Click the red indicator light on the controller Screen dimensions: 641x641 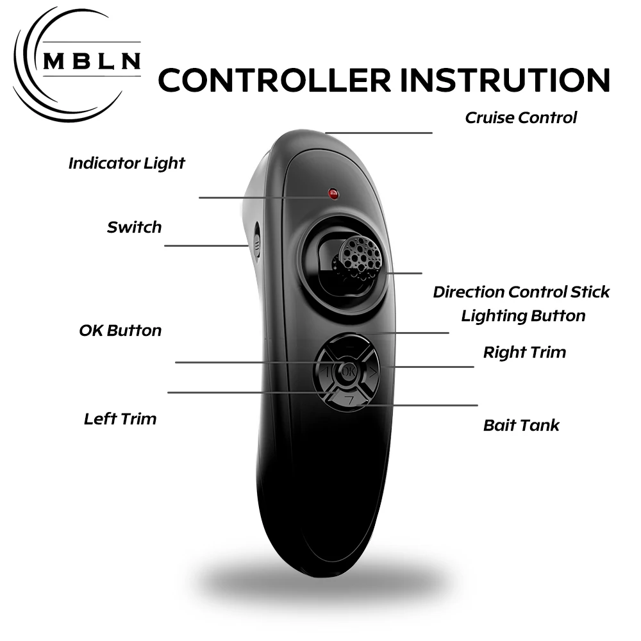pyautogui.click(x=333, y=193)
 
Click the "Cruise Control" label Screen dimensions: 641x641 pyautogui.click(x=520, y=117)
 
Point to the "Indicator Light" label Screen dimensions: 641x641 pyautogui.click(x=126, y=163)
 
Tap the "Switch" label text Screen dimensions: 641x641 pyautogui.click(x=134, y=227)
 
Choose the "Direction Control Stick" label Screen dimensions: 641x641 pyautogui.click(x=521, y=292)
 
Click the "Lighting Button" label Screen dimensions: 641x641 pyautogui.click(x=523, y=315)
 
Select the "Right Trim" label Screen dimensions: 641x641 pyautogui.click(x=524, y=352)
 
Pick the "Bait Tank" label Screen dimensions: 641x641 pyautogui.click(x=521, y=425)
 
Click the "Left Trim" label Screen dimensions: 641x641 pyautogui.click(x=120, y=419)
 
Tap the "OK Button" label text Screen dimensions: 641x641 pyautogui.click(x=120, y=330)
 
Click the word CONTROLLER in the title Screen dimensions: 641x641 pyautogui.click(x=274, y=80)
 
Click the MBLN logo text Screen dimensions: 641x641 pyautogui.click(x=92, y=60)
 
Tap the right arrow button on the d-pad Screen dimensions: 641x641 pyautogui.click(x=372, y=370)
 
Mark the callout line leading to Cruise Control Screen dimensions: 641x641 pyautogui.click(x=378, y=133)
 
